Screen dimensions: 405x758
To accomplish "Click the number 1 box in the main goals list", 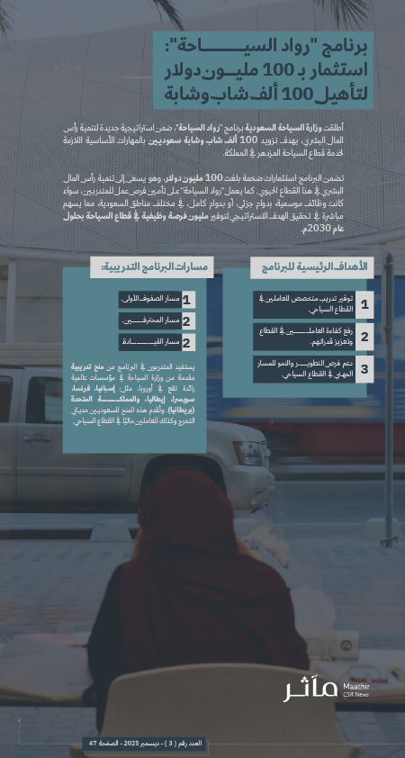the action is click(364, 305).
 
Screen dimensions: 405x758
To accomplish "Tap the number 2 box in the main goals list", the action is click(364, 338).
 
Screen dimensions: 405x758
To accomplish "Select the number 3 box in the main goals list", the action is click(364, 369).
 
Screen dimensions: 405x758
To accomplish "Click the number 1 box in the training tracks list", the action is click(187, 300).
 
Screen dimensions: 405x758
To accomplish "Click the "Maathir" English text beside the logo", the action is click(357, 686).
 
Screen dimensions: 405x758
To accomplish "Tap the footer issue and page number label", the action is click(144, 743).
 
